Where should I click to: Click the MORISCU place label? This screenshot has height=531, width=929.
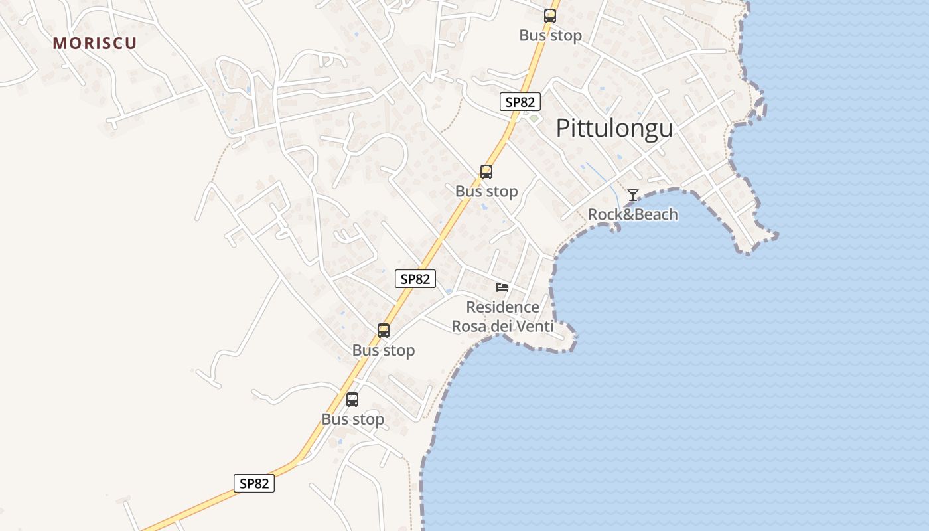[95, 43]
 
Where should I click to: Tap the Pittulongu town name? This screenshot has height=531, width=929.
[614, 128]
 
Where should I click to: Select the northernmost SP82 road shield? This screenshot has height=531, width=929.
[520, 102]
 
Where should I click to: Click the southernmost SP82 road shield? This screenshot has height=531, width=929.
[253, 483]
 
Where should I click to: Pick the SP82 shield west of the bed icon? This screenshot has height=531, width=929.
[415, 279]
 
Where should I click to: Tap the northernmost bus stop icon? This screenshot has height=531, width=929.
[549, 16]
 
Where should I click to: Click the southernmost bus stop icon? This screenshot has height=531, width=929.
[352, 399]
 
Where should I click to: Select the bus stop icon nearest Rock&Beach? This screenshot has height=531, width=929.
[486, 172]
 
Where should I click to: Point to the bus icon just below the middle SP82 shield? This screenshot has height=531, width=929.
[384, 330]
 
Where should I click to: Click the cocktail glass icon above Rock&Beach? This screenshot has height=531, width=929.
[633, 195]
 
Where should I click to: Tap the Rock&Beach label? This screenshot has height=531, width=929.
[632, 214]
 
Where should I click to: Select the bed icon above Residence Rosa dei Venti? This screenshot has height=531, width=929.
[502, 287]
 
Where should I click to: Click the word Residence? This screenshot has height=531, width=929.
[502, 307]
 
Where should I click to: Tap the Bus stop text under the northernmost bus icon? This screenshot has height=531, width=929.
[550, 35]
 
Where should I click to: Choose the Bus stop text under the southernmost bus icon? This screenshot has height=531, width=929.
[353, 419]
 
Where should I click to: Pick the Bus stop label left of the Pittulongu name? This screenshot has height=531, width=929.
[486, 191]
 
